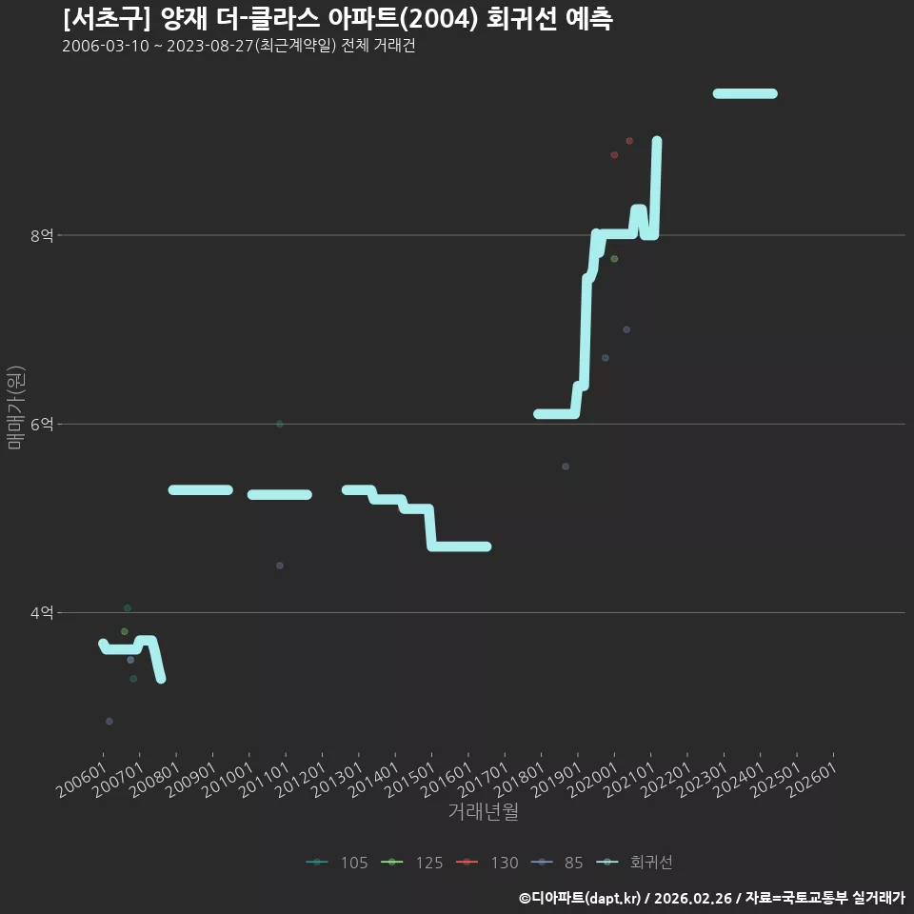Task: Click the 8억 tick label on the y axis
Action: click(42, 235)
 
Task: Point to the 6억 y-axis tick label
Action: click(42, 425)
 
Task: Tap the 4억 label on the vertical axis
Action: click(42, 613)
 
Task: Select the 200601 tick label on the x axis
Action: click(82, 780)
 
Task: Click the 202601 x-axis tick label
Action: click(812, 780)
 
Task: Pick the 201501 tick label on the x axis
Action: click(410, 780)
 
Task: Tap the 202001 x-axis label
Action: click(593, 780)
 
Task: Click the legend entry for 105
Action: click(337, 863)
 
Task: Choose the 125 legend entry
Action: click(411, 863)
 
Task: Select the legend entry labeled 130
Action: click(487, 863)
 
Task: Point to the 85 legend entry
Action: click(557, 863)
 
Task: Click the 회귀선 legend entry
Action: click(634, 863)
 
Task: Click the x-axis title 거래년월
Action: click(484, 811)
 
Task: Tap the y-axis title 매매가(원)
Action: click(16, 408)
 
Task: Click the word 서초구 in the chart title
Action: click(107, 19)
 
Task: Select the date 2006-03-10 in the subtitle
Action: click(106, 46)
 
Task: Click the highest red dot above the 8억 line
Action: click(629, 141)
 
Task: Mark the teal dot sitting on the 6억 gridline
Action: click(280, 424)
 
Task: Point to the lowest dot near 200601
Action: click(109, 722)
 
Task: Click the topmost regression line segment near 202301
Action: click(745, 94)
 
